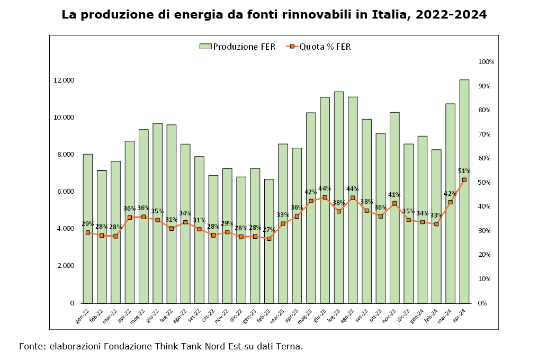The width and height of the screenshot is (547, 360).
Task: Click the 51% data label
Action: click(x=464, y=171)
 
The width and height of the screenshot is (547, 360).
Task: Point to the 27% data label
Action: click(x=269, y=230)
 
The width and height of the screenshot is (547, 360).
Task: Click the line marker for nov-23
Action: click(x=394, y=203)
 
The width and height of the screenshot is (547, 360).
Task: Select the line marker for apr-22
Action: click(x=130, y=217)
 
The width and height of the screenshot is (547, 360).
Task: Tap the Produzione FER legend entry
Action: click(x=238, y=47)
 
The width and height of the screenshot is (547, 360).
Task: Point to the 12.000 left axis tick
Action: click(x=64, y=80)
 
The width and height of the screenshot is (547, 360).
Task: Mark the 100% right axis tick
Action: click(x=486, y=62)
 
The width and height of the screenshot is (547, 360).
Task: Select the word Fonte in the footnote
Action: click(x=32, y=347)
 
